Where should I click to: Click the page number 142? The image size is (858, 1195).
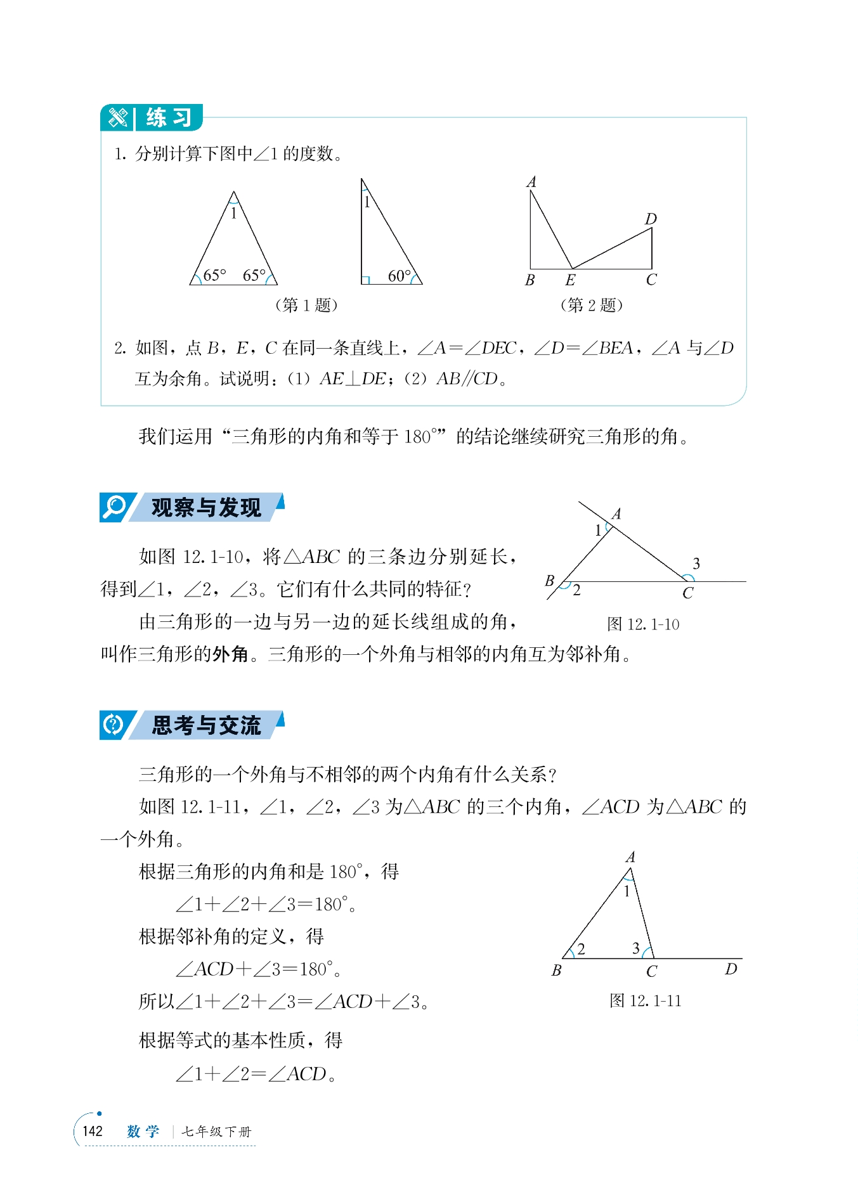(x=93, y=1132)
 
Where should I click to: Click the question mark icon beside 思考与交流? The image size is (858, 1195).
(x=114, y=725)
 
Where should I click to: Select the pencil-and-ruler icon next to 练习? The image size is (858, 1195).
(x=118, y=118)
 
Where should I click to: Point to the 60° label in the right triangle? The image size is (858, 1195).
(x=399, y=276)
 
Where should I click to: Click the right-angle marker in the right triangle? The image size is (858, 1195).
(x=365, y=280)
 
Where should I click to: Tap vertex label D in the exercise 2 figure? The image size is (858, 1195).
(x=651, y=219)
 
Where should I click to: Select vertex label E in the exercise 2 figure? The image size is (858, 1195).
(x=570, y=280)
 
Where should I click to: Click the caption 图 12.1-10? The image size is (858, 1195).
(x=643, y=624)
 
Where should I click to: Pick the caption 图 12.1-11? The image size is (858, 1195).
(x=645, y=1000)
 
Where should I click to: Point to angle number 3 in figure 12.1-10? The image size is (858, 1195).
(x=696, y=564)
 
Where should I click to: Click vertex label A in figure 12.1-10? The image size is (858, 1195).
(x=616, y=514)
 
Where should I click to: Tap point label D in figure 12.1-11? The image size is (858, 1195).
(x=731, y=969)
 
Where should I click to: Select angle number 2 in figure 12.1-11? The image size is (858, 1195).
(x=581, y=949)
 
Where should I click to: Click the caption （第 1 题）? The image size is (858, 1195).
(x=306, y=305)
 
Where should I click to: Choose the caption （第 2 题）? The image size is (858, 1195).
(x=592, y=305)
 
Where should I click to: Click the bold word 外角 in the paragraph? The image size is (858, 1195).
(x=230, y=654)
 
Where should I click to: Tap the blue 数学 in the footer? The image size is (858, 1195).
(x=143, y=1132)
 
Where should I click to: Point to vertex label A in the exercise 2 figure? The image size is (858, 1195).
(x=531, y=183)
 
